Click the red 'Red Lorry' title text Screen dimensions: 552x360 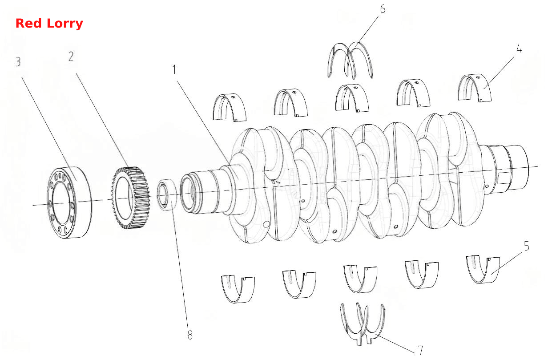click(x=49, y=24)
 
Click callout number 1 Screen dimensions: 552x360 click(x=174, y=69)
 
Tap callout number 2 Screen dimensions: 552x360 click(x=71, y=57)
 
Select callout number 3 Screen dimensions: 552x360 click(x=18, y=62)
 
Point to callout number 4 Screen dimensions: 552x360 click(x=519, y=49)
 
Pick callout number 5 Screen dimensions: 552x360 click(x=526, y=246)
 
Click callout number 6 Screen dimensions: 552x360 click(x=383, y=9)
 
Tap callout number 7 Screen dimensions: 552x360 click(x=420, y=350)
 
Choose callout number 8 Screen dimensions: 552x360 click(x=190, y=335)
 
